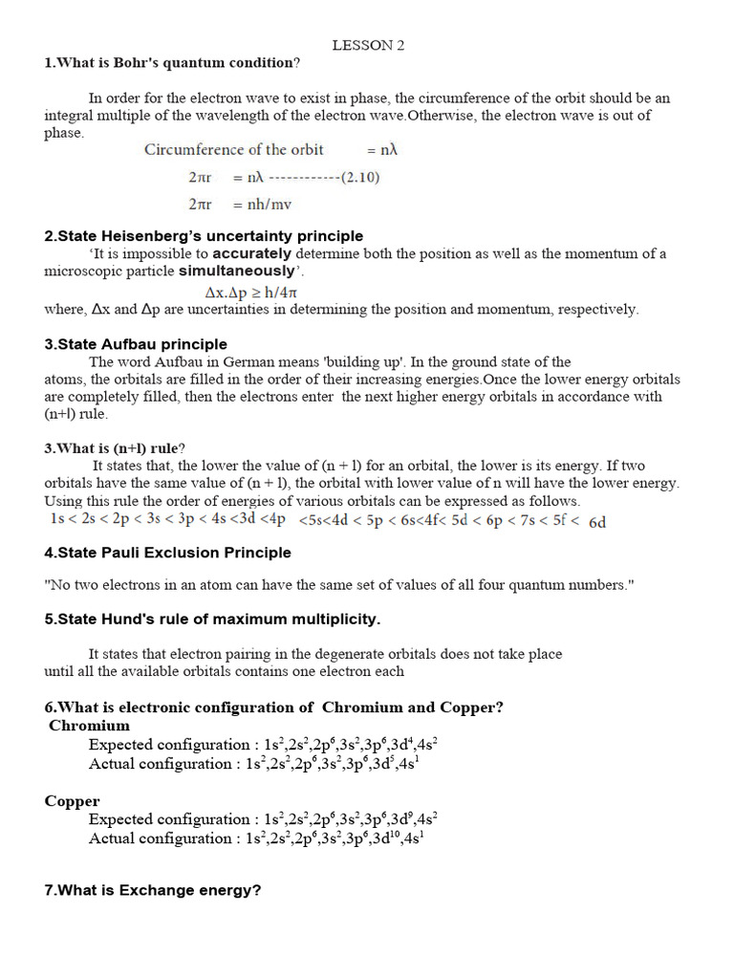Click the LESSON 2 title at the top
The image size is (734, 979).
pos(361,45)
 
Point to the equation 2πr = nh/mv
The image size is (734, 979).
pos(240,205)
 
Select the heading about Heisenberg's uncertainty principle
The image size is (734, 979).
pos(204,236)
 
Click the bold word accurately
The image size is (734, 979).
pos(252,253)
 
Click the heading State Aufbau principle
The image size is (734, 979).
pos(136,344)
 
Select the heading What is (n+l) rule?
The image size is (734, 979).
pos(115,448)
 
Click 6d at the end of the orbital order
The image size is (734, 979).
pos(597,522)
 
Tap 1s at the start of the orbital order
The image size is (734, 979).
pos(59,519)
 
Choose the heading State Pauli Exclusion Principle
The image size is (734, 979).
pos(167,553)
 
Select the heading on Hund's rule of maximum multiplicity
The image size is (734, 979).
pos(212,620)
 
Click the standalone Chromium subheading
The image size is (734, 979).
pos(89,726)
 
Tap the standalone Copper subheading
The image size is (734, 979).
pos(73,800)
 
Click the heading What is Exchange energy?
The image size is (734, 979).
pos(153,890)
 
